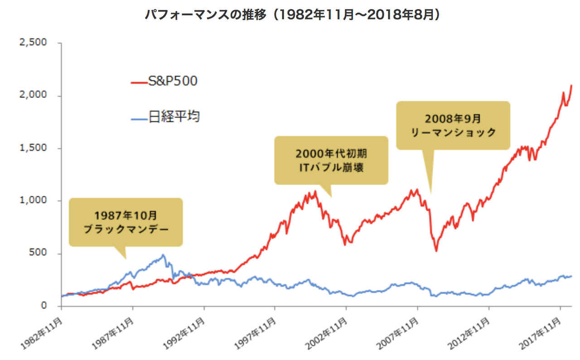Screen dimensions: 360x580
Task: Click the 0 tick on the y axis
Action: pos(44,306)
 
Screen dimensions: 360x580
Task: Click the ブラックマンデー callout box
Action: pos(126,222)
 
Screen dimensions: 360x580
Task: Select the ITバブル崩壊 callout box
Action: pos(331,160)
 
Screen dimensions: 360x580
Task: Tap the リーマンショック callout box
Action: pos(453,125)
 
